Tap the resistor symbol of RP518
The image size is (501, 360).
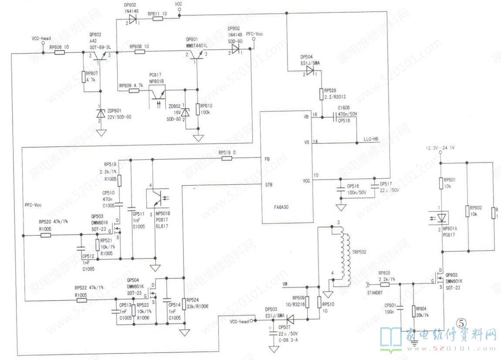pos(227,159)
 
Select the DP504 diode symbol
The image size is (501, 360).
pos(310,71)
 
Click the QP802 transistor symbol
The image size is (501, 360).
pos(100,55)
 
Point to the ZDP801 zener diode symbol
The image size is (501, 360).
pos(101,114)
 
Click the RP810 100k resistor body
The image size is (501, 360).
pos(198,109)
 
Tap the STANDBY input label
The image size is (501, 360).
pos(375,293)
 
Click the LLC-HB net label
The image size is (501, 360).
pos(371,139)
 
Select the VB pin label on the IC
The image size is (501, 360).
pos(306,117)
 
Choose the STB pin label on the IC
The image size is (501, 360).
pos(269,185)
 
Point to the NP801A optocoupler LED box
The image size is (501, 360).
pos(442,216)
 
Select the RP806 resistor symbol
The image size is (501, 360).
pos(60,53)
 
